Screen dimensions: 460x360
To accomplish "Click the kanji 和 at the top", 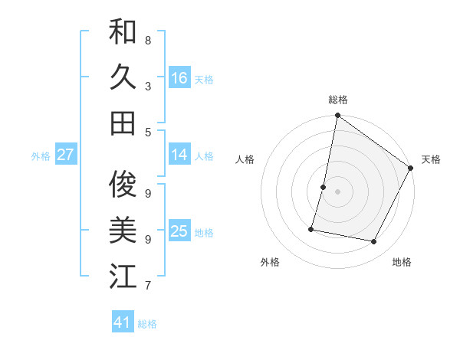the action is pos(123,32).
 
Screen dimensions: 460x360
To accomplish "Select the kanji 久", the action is pos(123,77).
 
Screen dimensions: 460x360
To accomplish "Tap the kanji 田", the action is pos(123,123).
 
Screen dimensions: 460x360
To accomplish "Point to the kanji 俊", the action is pos(123,185).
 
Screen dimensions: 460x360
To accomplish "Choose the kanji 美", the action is pos(123,231).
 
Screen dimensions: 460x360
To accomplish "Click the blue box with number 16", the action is pos(179,78).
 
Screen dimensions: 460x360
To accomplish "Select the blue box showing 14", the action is pos(179,155).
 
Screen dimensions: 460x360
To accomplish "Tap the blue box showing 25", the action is pos(179,231).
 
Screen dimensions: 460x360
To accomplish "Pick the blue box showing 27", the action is pos(65,155).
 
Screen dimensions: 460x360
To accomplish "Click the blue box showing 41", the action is pos(123,322).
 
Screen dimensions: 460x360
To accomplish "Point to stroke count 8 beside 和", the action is pos(148,40).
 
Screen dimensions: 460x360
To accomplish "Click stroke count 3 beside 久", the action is pos(148,86).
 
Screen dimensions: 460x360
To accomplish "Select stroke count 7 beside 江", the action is pos(148,286).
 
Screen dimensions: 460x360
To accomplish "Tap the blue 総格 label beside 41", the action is pos(147,324).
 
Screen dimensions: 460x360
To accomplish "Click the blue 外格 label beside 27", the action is pos(41,156).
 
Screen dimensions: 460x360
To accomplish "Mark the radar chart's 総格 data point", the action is pos(337,116).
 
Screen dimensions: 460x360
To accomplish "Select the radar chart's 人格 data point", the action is pos(324,187).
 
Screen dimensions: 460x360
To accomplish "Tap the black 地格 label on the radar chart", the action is pos(402,262).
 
